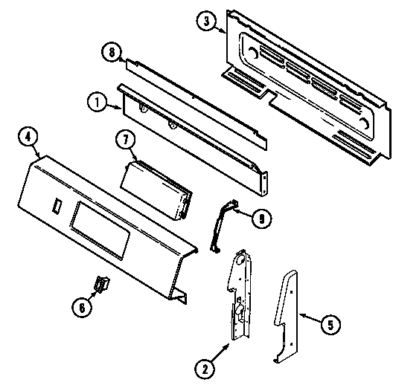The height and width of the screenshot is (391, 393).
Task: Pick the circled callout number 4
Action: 27,137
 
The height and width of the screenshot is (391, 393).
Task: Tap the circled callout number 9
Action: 259,219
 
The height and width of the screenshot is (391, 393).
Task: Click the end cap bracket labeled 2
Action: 240,297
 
